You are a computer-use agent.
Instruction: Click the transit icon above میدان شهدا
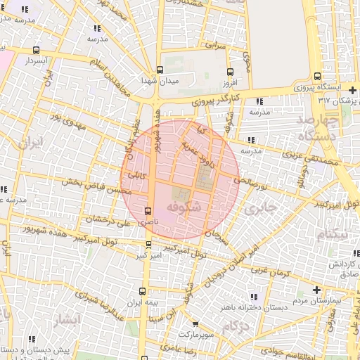(160, 70)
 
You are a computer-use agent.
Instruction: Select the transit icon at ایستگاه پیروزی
(317, 77)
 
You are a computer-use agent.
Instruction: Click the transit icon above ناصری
(148, 211)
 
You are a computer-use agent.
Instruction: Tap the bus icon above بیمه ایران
(143, 291)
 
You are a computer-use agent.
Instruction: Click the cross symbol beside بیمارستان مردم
(316, 290)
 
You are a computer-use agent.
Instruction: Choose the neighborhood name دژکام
(236, 327)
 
